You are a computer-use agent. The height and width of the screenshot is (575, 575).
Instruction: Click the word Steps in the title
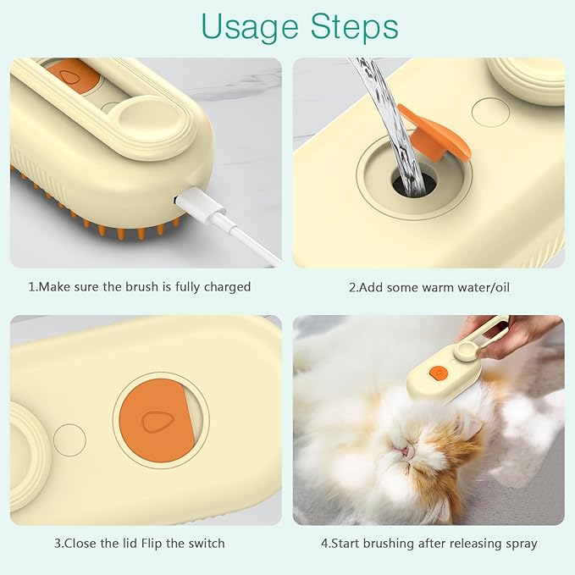[x=346, y=28]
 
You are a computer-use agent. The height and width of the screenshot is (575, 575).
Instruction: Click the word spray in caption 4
[x=518, y=543]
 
